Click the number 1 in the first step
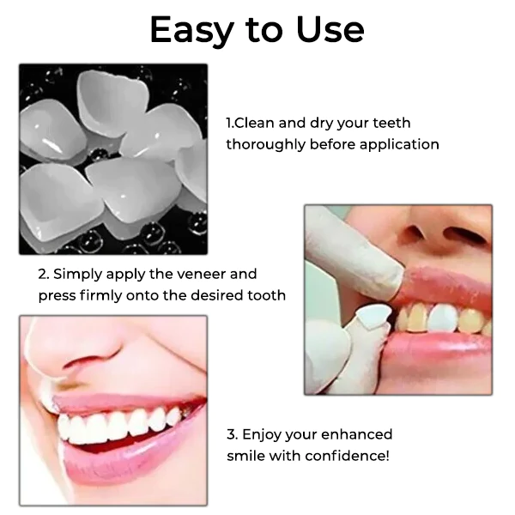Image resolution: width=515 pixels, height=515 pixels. tap(229, 123)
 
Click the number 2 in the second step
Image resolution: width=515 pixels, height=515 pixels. tap(42, 275)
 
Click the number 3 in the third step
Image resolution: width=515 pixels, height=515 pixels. tap(232, 434)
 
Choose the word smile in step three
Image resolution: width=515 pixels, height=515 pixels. tap(245, 455)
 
